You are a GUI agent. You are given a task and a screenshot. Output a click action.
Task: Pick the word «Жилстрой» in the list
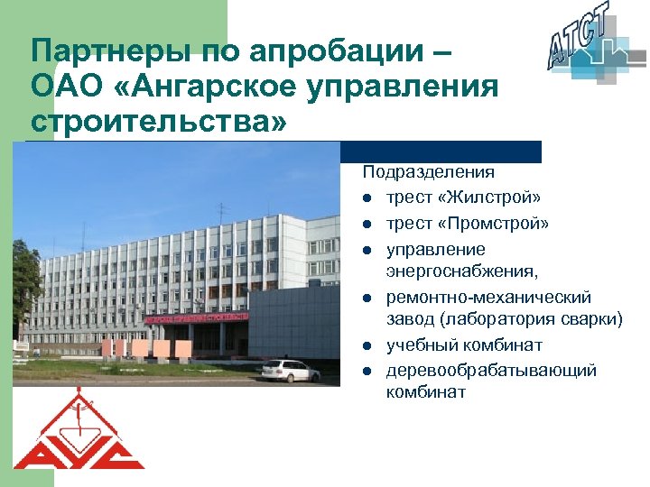[492, 197]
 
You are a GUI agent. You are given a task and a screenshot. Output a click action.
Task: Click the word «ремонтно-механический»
[488, 297]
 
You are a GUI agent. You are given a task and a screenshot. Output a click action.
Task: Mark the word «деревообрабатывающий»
[491, 371]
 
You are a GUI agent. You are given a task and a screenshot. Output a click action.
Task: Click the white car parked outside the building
[289, 371]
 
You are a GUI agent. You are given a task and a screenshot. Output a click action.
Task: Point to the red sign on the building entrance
[197, 317]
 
